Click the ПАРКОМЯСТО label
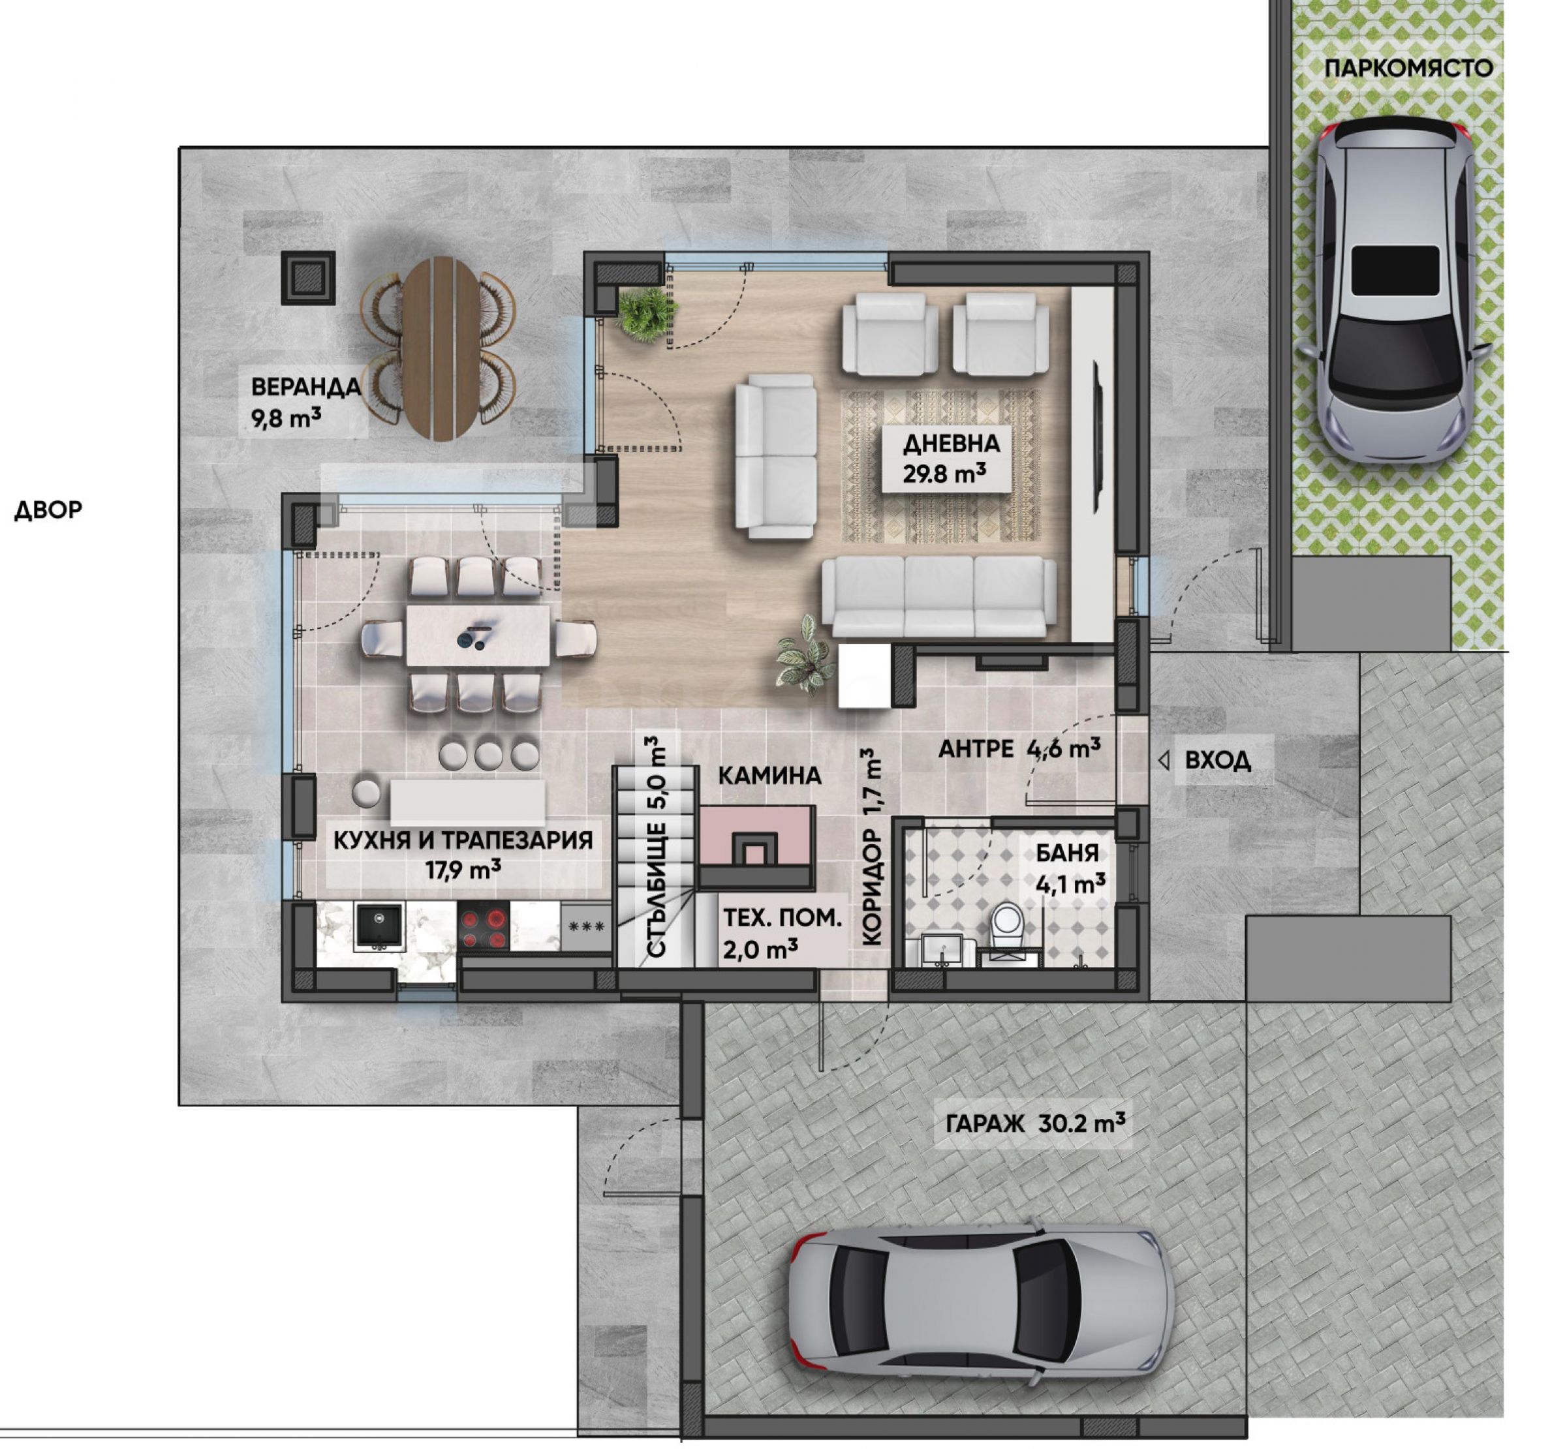(1409, 69)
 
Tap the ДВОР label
(48, 510)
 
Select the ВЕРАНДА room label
(305, 388)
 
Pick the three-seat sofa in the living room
(940, 597)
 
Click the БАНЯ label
(1068, 853)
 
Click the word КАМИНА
(769, 776)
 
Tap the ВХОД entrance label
(1218, 760)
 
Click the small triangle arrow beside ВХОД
(1164, 761)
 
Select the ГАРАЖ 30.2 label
(1036, 1123)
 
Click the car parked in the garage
(982, 1302)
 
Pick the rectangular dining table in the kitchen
(477, 636)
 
